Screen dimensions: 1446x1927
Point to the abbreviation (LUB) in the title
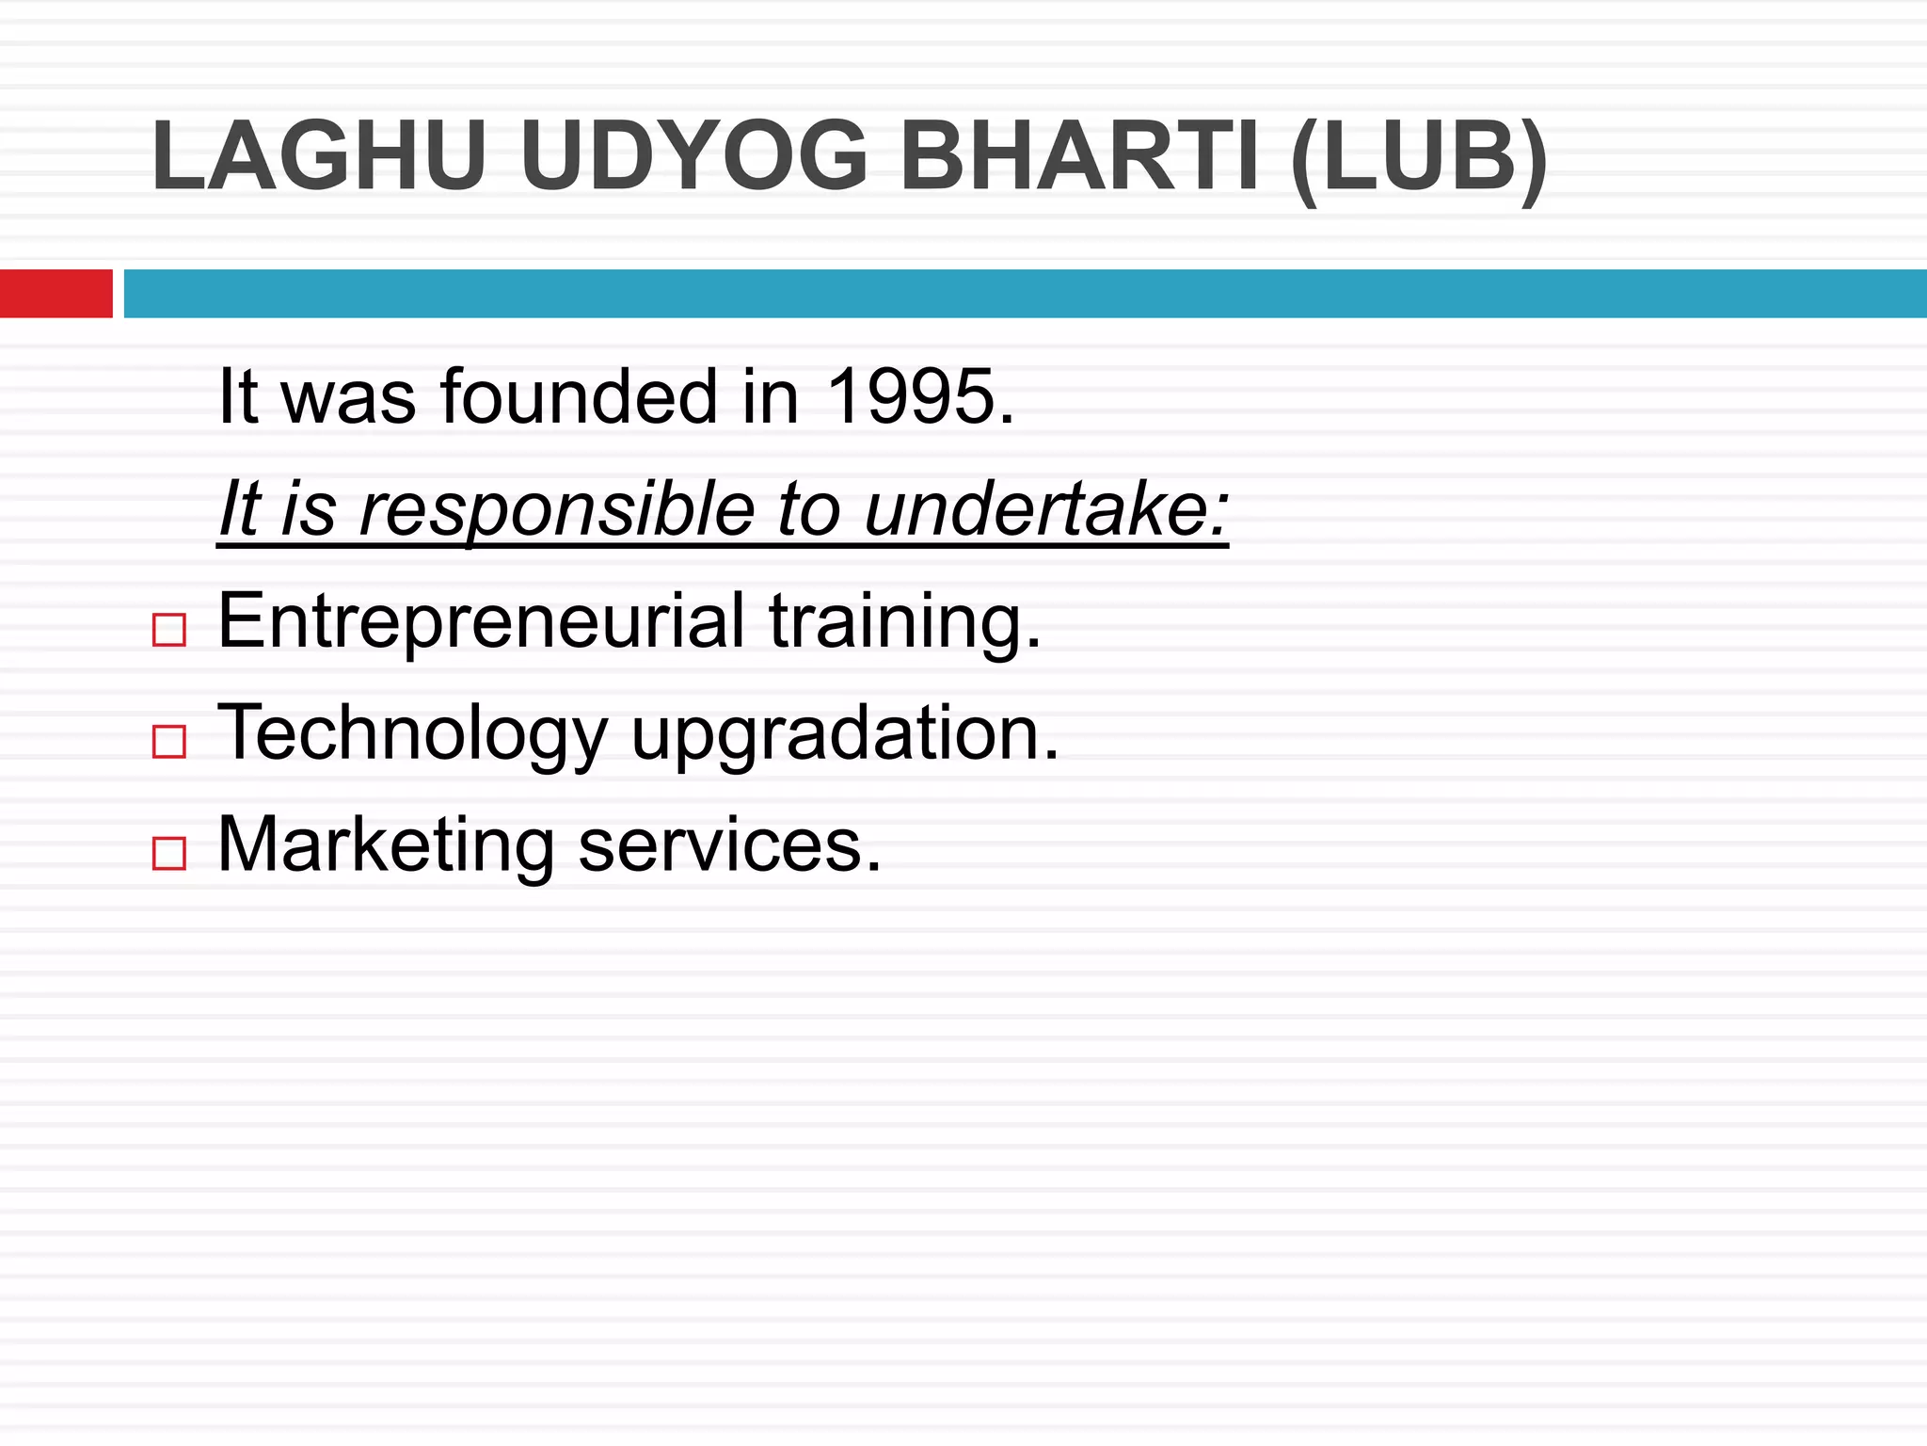pyautogui.click(x=1420, y=158)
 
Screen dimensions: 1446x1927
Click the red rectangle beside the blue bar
pyautogui.click(x=56, y=294)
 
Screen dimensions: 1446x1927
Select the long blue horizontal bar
pyautogui.click(x=1025, y=294)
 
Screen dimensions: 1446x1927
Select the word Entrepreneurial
pyautogui.click(x=481, y=621)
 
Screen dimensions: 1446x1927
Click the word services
pyautogui.click(x=730, y=845)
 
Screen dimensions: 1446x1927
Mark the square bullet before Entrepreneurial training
pyautogui.click(x=169, y=630)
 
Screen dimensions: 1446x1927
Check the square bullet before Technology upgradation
pyautogui.click(x=169, y=742)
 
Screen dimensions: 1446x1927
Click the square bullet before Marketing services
pyautogui.click(x=169, y=853)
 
